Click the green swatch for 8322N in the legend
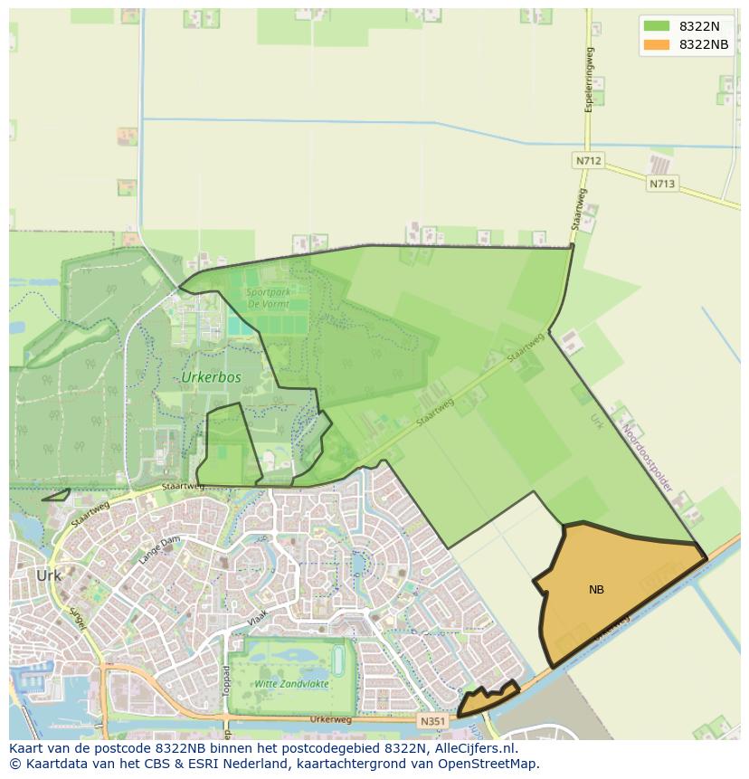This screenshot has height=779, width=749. pyautogui.click(x=657, y=26)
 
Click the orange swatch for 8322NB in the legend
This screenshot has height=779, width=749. pyautogui.click(x=657, y=44)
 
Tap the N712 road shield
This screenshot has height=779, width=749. pyautogui.click(x=588, y=161)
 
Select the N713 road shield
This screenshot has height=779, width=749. pyautogui.click(x=661, y=184)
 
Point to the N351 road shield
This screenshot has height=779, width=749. pyautogui.click(x=432, y=721)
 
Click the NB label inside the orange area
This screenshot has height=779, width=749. pyautogui.click(x=596, y=590)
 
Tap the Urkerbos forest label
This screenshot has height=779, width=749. pyautogui.click(x=211, y=377)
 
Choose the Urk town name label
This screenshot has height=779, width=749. pyautogui.click(x=49, y=575)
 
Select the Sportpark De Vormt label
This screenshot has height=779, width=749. pyautogui.click(x=268, y=299)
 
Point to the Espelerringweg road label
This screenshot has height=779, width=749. pyautogui.click(x=589, y=79)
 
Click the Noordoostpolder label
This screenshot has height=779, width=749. pyautogui.click(x=648, y=459)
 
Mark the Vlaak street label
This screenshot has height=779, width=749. pyautogui.click(x=258, y=622)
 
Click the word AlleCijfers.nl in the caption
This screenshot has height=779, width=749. pyautogui.click(x=476, y=748)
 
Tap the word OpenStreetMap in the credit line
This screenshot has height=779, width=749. pyautogui.click(x=485, y=764)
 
